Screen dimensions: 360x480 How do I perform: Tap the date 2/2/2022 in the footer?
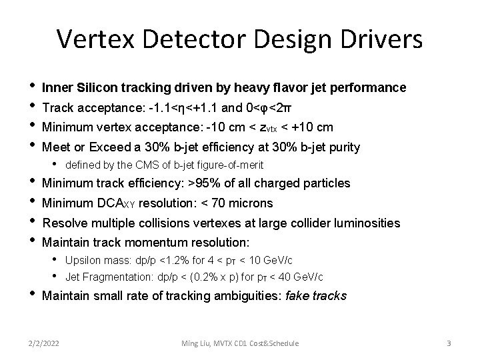pos(43,343)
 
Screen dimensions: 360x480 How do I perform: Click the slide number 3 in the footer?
pos(449,343)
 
